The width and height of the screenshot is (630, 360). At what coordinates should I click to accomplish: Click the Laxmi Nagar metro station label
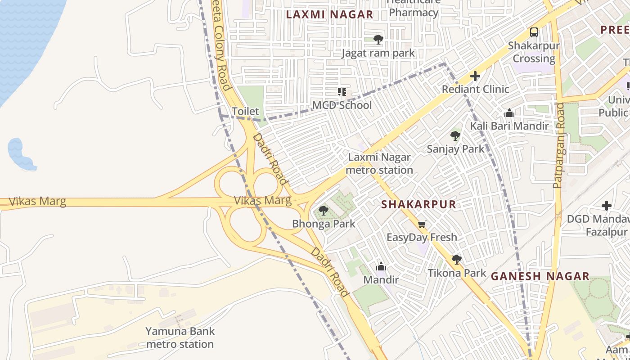[379, 164]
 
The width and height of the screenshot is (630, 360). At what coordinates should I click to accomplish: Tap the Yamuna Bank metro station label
[180, 338]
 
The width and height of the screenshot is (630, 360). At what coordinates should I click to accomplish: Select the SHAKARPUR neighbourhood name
[418, 204]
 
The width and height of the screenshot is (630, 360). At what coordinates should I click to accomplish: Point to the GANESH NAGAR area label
[540, 276]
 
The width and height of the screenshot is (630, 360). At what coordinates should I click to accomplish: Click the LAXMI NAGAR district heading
[330, 14]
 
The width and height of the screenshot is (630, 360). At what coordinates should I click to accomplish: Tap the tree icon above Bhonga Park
[323, 210]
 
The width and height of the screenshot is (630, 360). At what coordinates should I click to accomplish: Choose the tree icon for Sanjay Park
[455, 135]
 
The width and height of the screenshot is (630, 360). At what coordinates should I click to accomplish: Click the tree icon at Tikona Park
[457, 259]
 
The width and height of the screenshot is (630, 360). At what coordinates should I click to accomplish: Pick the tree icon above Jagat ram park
[378, 40]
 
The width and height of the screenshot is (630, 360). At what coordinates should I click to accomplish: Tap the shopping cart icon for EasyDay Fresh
[422, 224]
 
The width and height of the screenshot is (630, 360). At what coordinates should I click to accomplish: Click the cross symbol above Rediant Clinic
[475, 76]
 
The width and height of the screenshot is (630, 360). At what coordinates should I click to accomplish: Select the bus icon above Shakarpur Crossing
[534, 32]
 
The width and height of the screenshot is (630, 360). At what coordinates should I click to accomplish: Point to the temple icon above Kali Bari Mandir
[509, 112]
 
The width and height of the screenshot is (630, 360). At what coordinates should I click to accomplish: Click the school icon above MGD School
[342, 92]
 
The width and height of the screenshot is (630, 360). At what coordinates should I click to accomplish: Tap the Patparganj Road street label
[558, 145]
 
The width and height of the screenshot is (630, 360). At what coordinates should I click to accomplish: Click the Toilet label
[245, 111]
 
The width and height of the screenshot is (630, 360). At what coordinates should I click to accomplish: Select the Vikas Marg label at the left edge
[37, 201]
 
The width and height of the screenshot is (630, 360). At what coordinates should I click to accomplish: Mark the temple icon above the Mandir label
[381, 266]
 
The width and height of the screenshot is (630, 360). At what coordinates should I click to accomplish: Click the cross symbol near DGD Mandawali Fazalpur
[607, 206]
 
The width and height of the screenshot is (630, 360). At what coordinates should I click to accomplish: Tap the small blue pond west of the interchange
[19, 153]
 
